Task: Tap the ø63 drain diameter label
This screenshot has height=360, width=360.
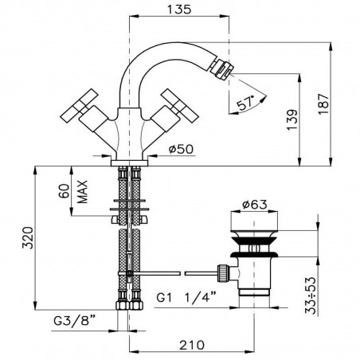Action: pos(255,205)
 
